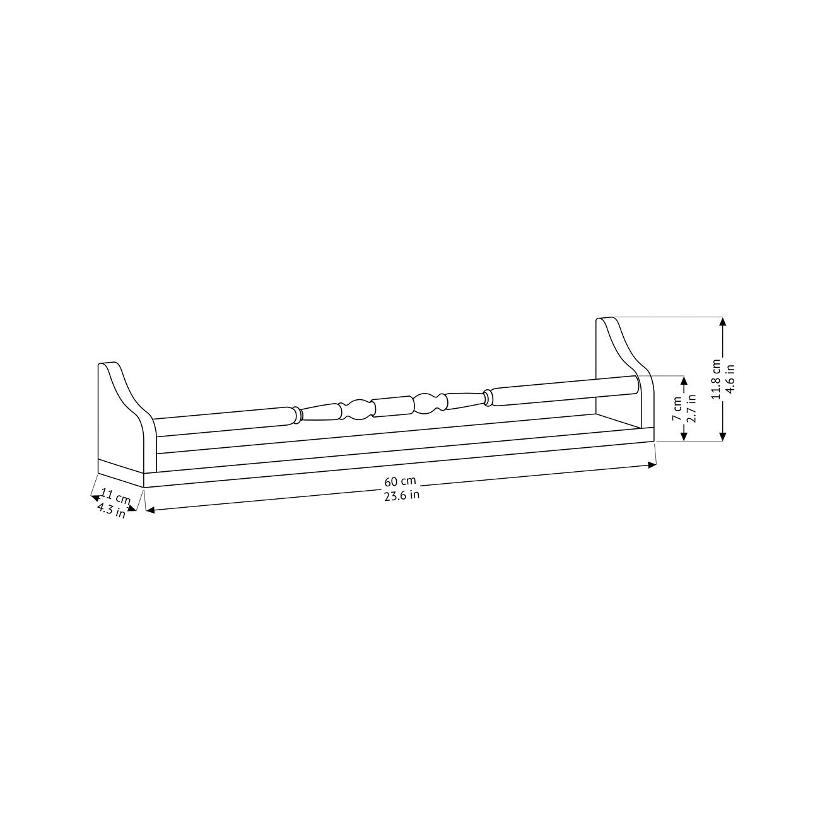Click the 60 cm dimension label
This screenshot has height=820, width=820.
400,482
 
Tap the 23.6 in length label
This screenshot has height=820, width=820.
401,495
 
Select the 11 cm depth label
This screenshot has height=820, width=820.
115,496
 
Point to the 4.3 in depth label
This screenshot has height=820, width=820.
112,510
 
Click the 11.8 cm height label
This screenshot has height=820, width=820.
716,379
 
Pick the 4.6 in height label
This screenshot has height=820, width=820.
730,379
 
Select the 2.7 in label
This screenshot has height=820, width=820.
691,408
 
